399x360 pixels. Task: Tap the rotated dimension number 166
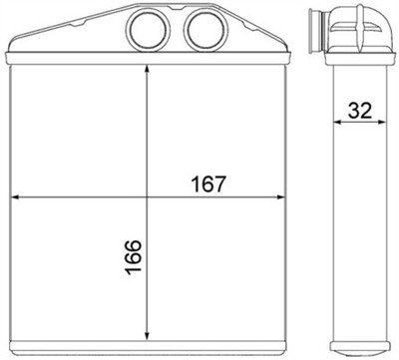point(134,258)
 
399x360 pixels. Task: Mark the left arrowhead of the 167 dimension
point(14,197)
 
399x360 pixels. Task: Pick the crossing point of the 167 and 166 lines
point(148,197)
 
